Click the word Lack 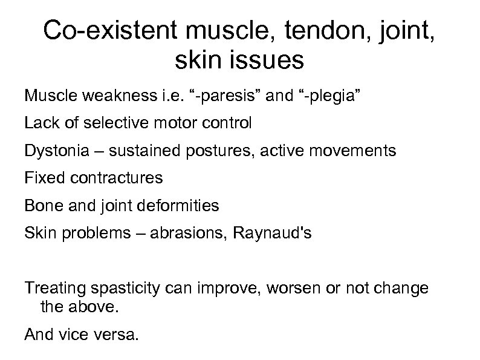[x=39, y=123]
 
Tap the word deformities [x=180, y=205]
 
